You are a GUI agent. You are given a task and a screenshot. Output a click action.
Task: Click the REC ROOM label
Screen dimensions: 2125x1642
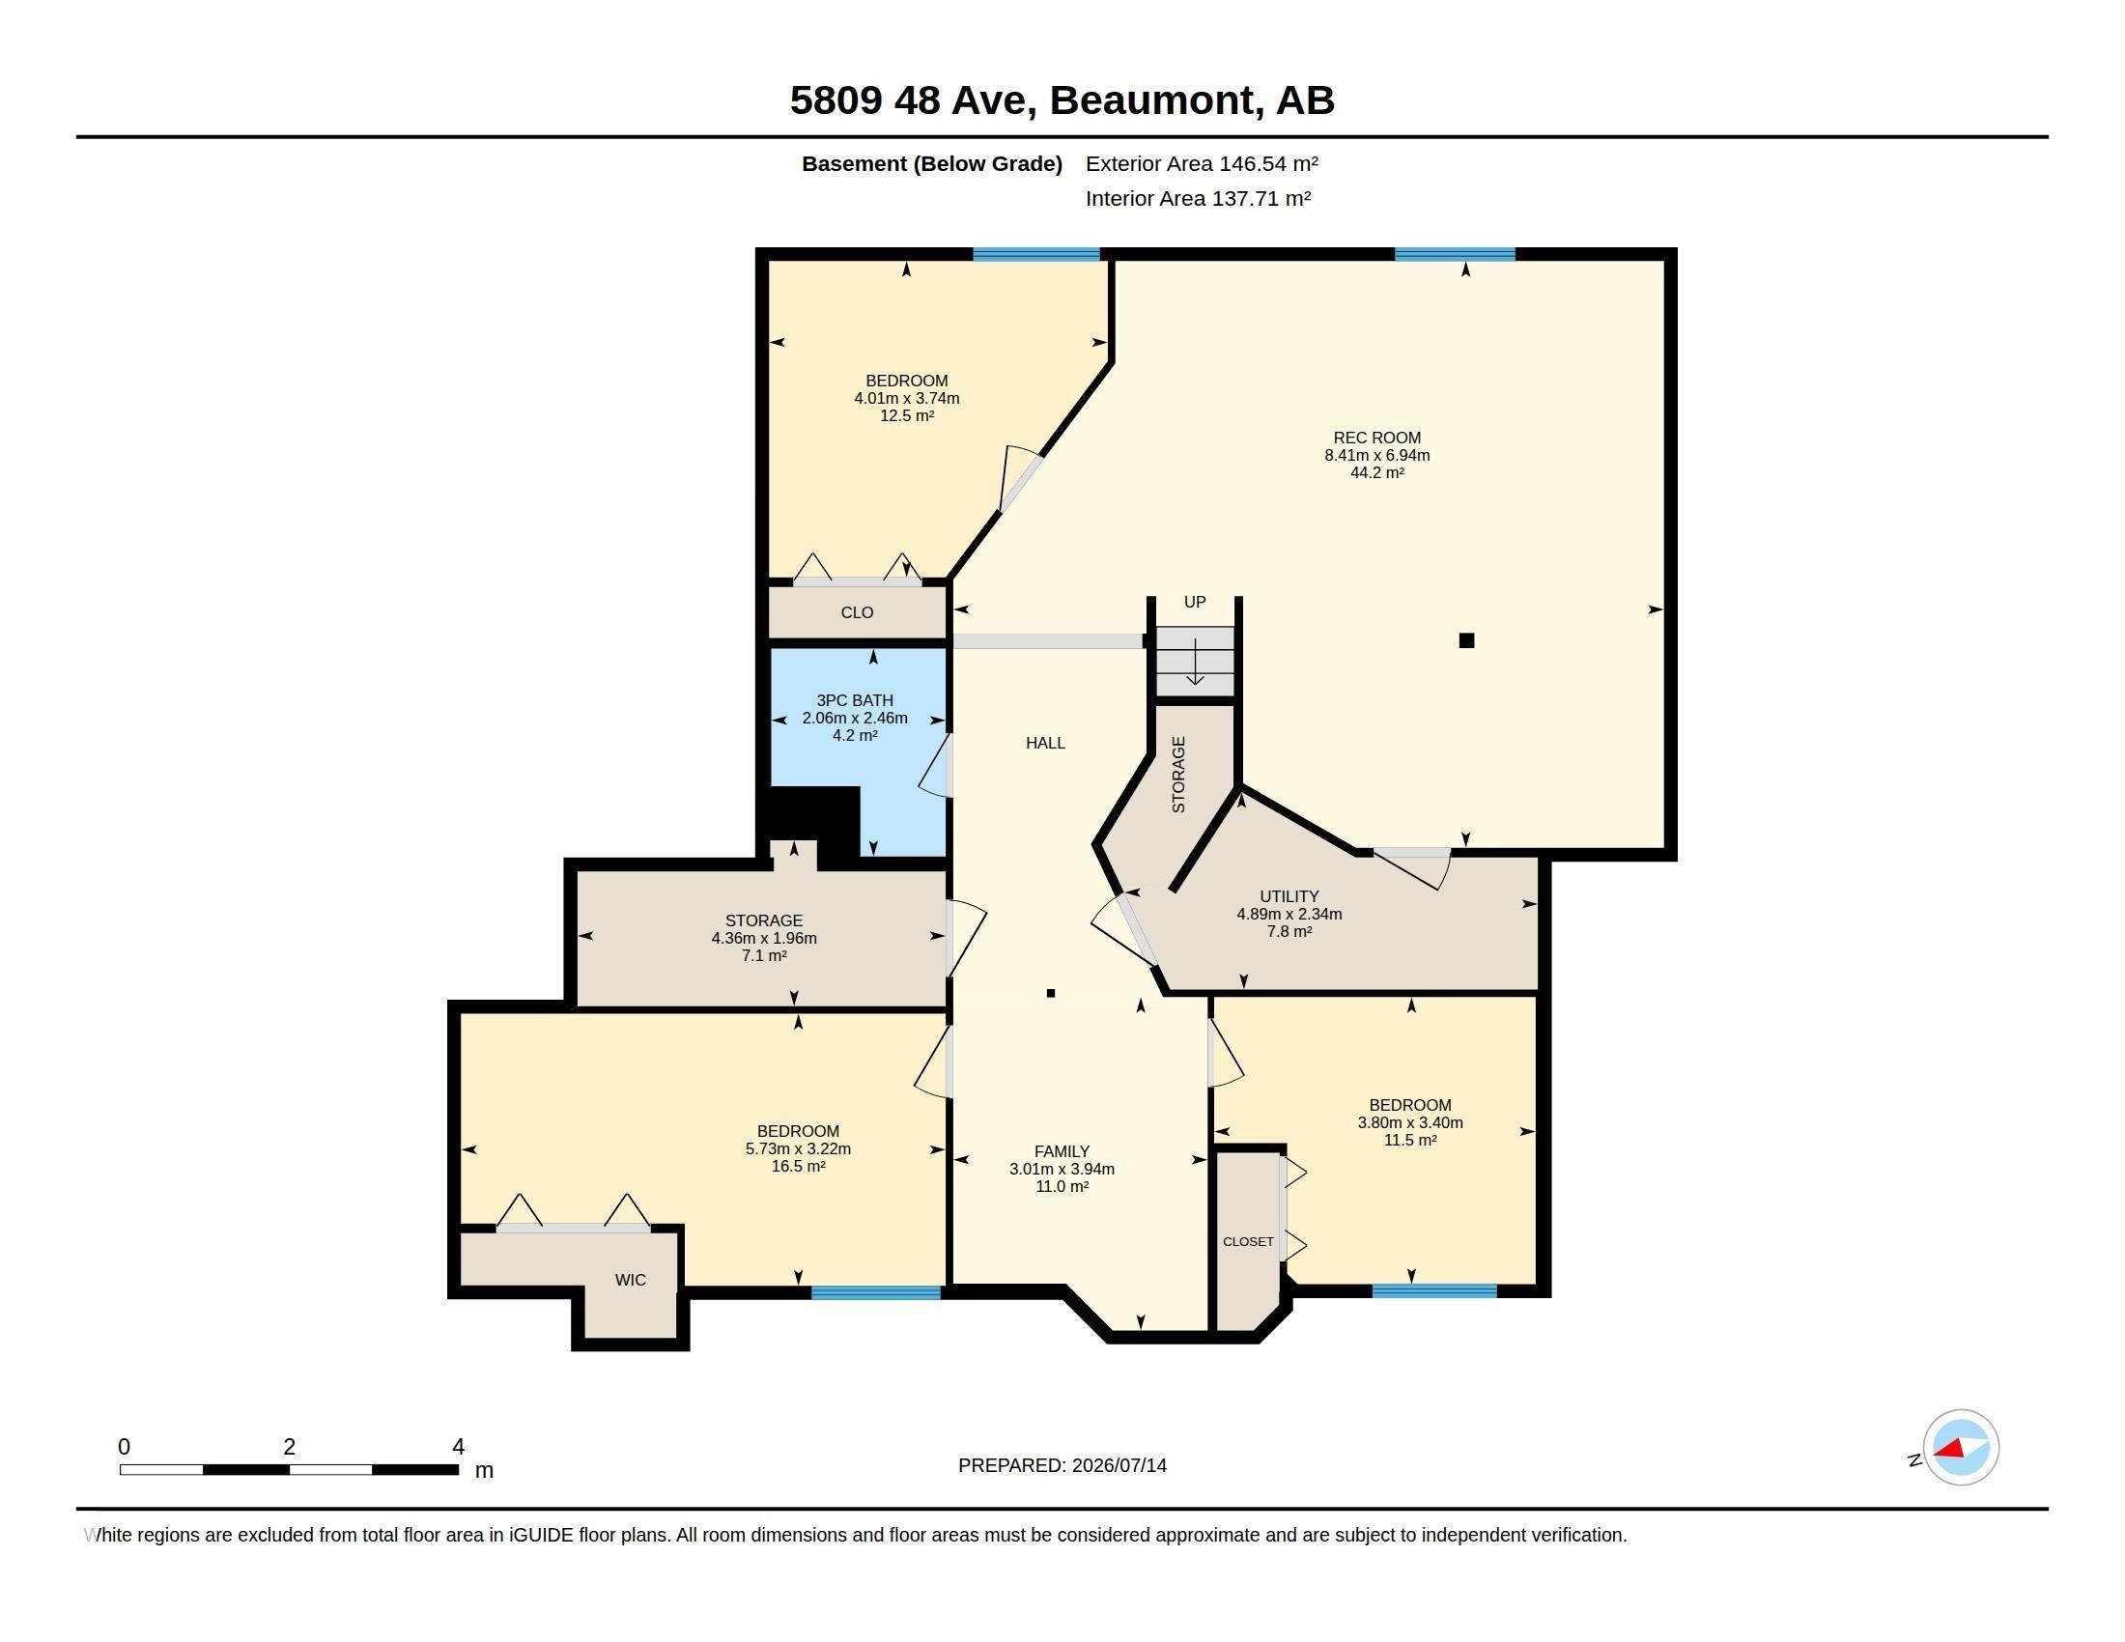click(1376, 438)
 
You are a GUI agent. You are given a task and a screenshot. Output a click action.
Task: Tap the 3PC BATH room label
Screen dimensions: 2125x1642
click(854, 700)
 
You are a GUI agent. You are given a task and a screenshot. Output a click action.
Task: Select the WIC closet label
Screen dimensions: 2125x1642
click(631, 1280)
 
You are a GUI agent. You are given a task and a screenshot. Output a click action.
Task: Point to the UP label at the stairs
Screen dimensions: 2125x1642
click(1195, 602)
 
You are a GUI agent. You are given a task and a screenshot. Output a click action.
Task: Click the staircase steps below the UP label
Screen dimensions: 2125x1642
click(1195, 662)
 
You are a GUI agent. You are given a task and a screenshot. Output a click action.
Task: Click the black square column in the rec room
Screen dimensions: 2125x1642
click(1466, 640)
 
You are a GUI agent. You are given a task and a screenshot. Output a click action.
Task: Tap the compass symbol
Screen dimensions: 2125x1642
click(1961, 1448)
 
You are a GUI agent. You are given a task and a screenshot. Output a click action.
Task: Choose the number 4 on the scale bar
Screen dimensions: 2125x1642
click(458, 1447)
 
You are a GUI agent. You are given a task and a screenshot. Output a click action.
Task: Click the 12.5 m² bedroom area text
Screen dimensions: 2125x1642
click(907, 415)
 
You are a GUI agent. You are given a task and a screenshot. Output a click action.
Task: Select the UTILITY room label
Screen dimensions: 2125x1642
click(1289, 897)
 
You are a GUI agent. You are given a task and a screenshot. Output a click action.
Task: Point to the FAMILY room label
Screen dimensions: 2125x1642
click(1062, 1151)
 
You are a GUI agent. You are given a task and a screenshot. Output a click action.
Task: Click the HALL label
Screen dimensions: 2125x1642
click(1046, 743)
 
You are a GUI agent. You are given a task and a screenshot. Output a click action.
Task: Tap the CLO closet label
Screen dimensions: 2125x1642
click(857, 612)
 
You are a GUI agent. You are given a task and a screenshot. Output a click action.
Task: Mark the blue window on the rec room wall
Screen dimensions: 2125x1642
click(1455, 255)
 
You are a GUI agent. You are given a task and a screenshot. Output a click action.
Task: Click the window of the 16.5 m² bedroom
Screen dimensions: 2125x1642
click(876, 1292)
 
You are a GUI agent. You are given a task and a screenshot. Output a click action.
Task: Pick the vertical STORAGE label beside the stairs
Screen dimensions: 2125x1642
click(1179, 775)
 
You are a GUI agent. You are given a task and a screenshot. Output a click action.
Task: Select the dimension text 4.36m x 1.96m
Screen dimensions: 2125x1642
click(764, 939)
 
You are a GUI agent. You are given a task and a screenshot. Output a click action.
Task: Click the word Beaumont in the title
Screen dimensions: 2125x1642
click(1151, 100)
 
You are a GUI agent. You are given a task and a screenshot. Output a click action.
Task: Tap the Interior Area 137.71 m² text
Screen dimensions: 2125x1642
click(1198, 198)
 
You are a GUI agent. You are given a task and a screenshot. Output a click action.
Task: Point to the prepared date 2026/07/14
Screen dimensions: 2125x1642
click(1119, 1465)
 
